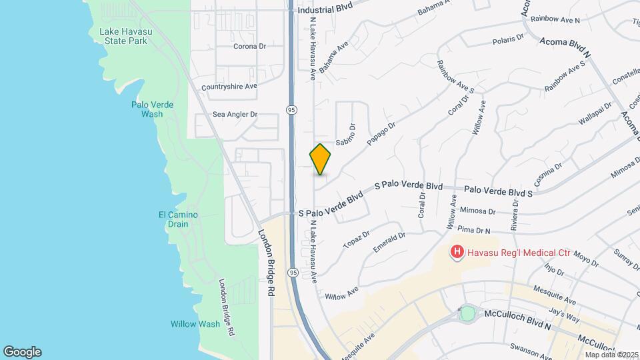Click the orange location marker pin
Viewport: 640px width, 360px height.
coord(320,159)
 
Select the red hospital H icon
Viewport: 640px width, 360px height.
coord(457,252)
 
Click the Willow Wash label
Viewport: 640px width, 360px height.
coord(195,324)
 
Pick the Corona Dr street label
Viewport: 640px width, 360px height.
coord(250,47)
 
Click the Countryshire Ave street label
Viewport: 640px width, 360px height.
coord(229,87)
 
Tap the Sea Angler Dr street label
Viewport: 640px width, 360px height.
coord(235,115)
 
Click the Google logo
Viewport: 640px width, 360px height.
coord(22,352)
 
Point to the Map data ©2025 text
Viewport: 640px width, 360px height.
coord(612,354)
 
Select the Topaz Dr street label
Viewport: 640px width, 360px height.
coord(357,240)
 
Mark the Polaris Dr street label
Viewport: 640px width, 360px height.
coord(509,40)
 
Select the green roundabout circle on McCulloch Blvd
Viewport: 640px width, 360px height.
coord(467,313)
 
